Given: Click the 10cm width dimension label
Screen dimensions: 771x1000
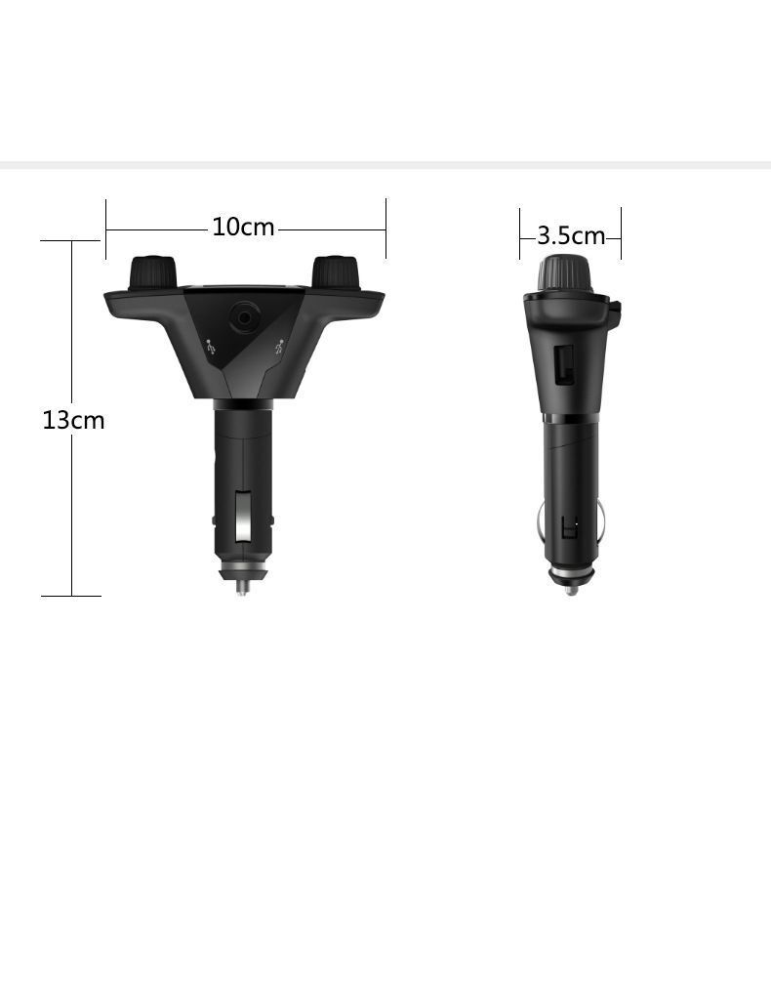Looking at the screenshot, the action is point(243,227).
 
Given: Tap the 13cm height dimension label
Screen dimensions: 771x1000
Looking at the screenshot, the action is point(73,420).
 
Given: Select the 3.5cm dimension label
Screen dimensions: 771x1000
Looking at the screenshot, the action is point(571,236).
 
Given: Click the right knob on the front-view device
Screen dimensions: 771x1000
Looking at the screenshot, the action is point(335,273).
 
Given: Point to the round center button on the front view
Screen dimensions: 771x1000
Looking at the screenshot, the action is point(244,317).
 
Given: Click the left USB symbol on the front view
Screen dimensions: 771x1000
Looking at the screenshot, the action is point(212,348).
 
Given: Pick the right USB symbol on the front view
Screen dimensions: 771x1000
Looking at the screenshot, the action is point(279,348).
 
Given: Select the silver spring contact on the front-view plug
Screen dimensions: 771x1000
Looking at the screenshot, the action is point(243,517).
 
